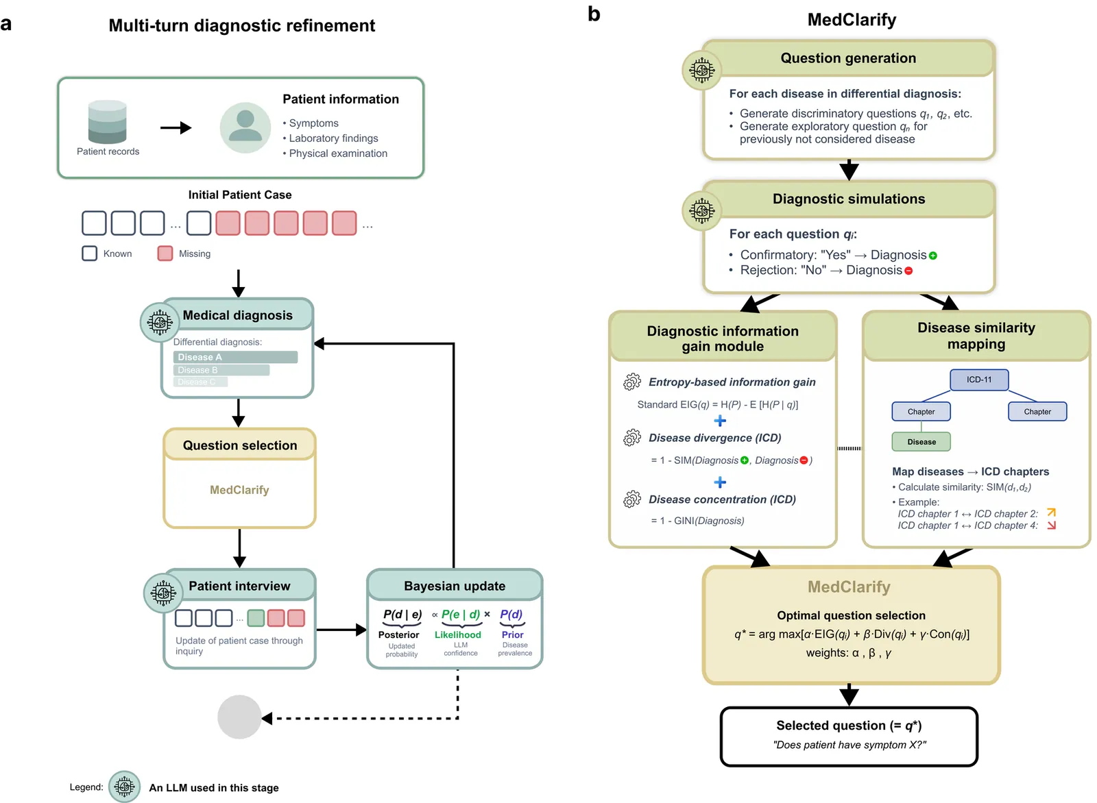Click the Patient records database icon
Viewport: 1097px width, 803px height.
[108, 123]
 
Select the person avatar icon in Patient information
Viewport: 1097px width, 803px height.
[245, 127]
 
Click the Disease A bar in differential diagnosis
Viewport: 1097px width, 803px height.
[235, 357]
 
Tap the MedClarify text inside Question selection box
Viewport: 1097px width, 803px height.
[239, 490]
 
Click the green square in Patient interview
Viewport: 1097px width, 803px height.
[256, 618]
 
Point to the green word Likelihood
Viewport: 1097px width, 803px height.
[457, 634]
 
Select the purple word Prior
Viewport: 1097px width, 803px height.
[512, 634]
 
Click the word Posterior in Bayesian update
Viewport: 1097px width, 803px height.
[398, 634]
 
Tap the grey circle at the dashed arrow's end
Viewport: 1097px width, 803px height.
[239, 717]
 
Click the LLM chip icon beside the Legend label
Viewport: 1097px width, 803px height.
[125, 787]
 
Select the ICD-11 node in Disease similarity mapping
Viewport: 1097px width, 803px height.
[979, 380]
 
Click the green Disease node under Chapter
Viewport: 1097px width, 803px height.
[921, 442]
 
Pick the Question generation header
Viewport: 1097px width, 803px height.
[848, 58]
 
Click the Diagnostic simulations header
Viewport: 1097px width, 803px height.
[848, 199]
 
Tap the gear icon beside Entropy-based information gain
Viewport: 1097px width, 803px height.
[632, 382]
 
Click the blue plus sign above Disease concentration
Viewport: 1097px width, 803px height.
[720, 482]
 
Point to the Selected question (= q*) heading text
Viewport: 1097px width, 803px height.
[849, 726]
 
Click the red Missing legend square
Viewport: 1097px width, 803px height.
[165, 254]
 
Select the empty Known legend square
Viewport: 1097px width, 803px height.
[89, 254]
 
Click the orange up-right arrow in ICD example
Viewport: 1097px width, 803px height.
[1052, 512]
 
